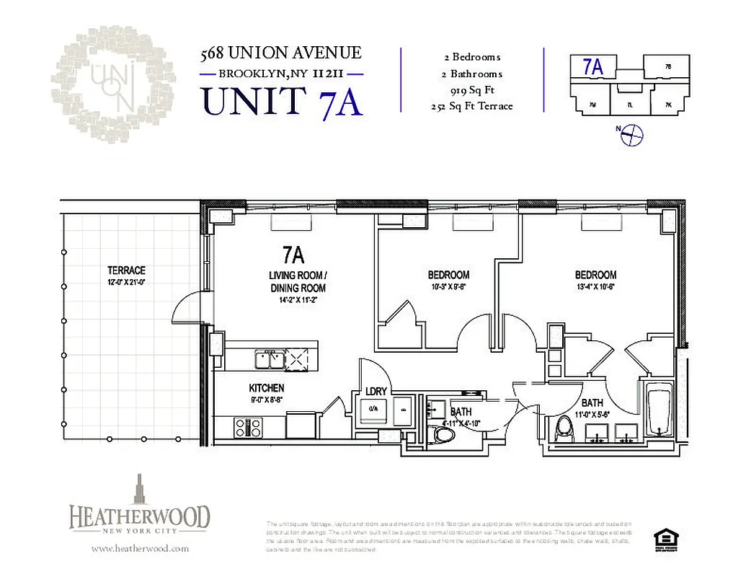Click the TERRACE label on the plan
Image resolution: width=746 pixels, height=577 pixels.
coord(126,270)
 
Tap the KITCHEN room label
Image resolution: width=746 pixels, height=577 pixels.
coord(267,388)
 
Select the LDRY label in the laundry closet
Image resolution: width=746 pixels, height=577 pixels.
coord(376,391)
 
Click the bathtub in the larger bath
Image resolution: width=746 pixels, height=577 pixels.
coord(657,413)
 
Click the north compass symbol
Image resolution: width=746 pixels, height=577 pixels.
coord(631,133)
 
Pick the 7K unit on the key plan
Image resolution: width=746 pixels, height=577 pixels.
coord(668,105)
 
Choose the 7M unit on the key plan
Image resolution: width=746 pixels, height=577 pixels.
coord(591,105)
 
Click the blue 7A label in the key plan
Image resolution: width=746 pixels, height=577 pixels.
coord(592,66)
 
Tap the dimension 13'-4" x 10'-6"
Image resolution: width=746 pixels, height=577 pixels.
coord(595,287)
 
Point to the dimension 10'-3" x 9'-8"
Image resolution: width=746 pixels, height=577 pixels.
coord(448,287)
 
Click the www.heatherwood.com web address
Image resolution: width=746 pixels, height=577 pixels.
coord(140,548)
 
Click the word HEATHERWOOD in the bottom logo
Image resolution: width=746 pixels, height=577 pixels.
coord(140,517)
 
